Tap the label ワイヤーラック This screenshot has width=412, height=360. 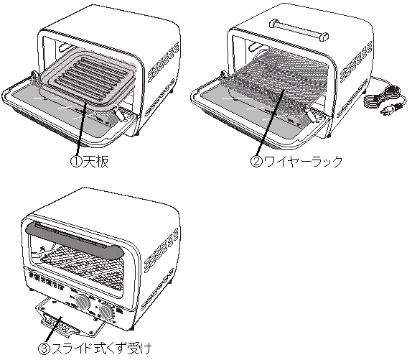(x=302, y=163)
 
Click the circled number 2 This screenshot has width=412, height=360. (x=255, y=163)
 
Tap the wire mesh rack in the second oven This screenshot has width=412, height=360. (x=280, y=83)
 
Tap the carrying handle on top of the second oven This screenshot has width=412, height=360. (x=297, y=29)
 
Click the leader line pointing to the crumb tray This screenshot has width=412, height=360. (x=55, y=330)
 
